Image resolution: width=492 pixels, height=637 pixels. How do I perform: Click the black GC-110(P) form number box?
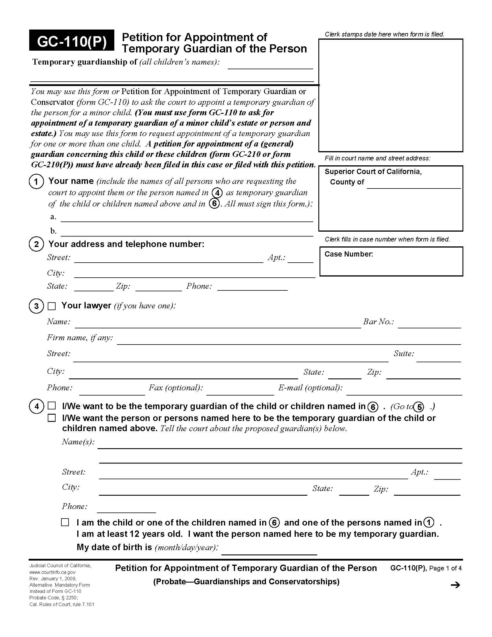pyautogui.click(x=71, y=40)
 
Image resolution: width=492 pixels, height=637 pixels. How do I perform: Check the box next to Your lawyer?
pyautogui.click(x=52, y=306)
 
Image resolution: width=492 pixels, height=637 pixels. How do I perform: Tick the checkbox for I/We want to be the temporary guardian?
pyautogui.click(x=52, y=406)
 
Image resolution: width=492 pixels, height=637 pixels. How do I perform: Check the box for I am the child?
pyautogui.click(x=65, y=522)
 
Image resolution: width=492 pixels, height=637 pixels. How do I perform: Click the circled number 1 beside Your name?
pyautogui.click(x=36, y=182)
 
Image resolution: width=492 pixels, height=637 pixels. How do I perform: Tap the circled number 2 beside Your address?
pyautogui.click(x=36, y=244)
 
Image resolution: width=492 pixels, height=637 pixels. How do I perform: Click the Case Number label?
pyautogui.click(x=349, y=254)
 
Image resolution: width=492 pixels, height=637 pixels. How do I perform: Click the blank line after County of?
pyautogui.click(x=414, y=186)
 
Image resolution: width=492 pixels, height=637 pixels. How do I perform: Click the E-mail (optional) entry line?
pyautogui.click(x=404, y=392)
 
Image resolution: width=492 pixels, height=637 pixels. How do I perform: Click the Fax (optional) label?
pyautogui.click(x=176, y=388)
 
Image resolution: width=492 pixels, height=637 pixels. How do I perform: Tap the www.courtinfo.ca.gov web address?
pyautogui.click(x=52, y=572)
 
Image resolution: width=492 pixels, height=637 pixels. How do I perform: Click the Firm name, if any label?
pyautogui.click(x=80, y=338)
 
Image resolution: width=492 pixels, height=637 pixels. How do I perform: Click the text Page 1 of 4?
pyautogui.click(x=445, y=568)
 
